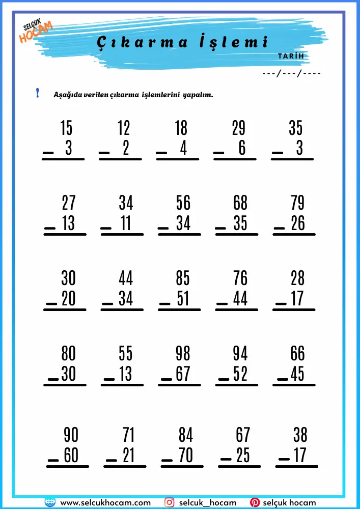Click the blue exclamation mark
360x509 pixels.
click(37, 93)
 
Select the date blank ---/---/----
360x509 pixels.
click(291, 73)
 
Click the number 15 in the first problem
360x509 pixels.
click(67, 128)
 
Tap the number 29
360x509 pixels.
click(238, 128)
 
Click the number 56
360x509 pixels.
click(183, 203)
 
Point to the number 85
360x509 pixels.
click(183, 278)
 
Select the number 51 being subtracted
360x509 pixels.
click(183, 298)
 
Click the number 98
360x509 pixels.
click(183, 353)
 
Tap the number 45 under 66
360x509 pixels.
click(298, 374)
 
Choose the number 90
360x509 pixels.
click(71, 435)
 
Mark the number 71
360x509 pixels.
click(129, 435)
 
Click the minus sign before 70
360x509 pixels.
click(167, 460)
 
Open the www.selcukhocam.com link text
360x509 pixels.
click(105, 502)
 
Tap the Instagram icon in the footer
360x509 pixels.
click(170, 502)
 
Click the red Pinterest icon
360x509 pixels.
click(255, 502)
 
